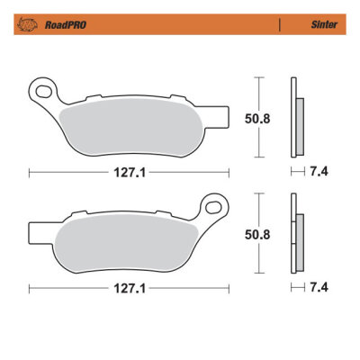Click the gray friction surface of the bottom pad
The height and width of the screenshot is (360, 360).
[126, 244]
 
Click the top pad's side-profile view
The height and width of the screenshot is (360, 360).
[296, 117]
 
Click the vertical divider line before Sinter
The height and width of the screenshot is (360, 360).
[279, 26]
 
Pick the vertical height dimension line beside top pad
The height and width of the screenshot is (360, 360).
[259, 116]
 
